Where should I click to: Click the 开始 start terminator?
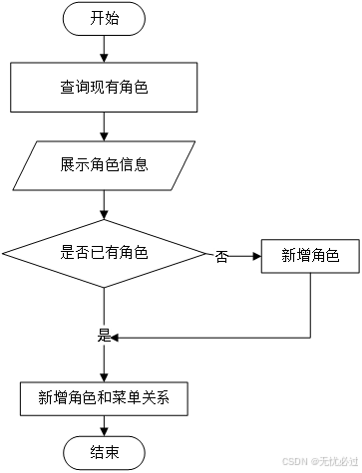click(104, 18)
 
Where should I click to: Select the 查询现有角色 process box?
click(104, 88)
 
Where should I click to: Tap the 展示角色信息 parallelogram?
click(104, 165)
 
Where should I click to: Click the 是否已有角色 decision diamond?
click(104, 253)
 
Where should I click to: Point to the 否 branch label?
click(221, 257)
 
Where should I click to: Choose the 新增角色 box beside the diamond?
click(310, 256)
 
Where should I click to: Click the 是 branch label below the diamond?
click(104, 336)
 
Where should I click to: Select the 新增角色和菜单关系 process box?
click(104, 398)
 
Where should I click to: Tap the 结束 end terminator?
click(104, 452)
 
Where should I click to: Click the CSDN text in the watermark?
click(292, 461)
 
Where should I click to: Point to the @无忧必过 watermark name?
click(333, 461)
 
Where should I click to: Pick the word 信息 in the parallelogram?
click(134, 165)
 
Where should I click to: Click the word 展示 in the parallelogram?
click(74, 165)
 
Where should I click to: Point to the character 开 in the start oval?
click(97, 18)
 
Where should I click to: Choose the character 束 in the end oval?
click(112, 452)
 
